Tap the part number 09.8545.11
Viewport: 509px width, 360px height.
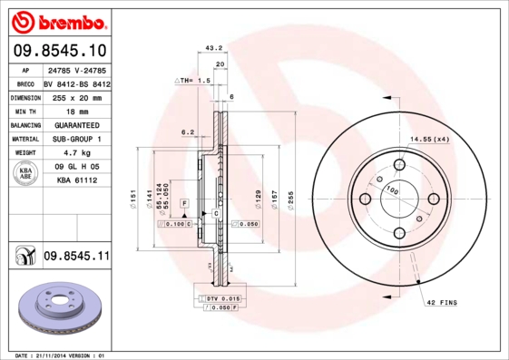tap(76, 257)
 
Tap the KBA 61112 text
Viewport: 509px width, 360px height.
tap(76, 180)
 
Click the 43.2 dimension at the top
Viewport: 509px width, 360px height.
tap(214, 48)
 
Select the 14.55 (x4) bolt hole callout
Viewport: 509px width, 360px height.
tap(429, 138)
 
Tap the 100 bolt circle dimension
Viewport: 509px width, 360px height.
tap(393, 191)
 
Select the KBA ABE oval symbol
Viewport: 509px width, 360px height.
tap(27, 174)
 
